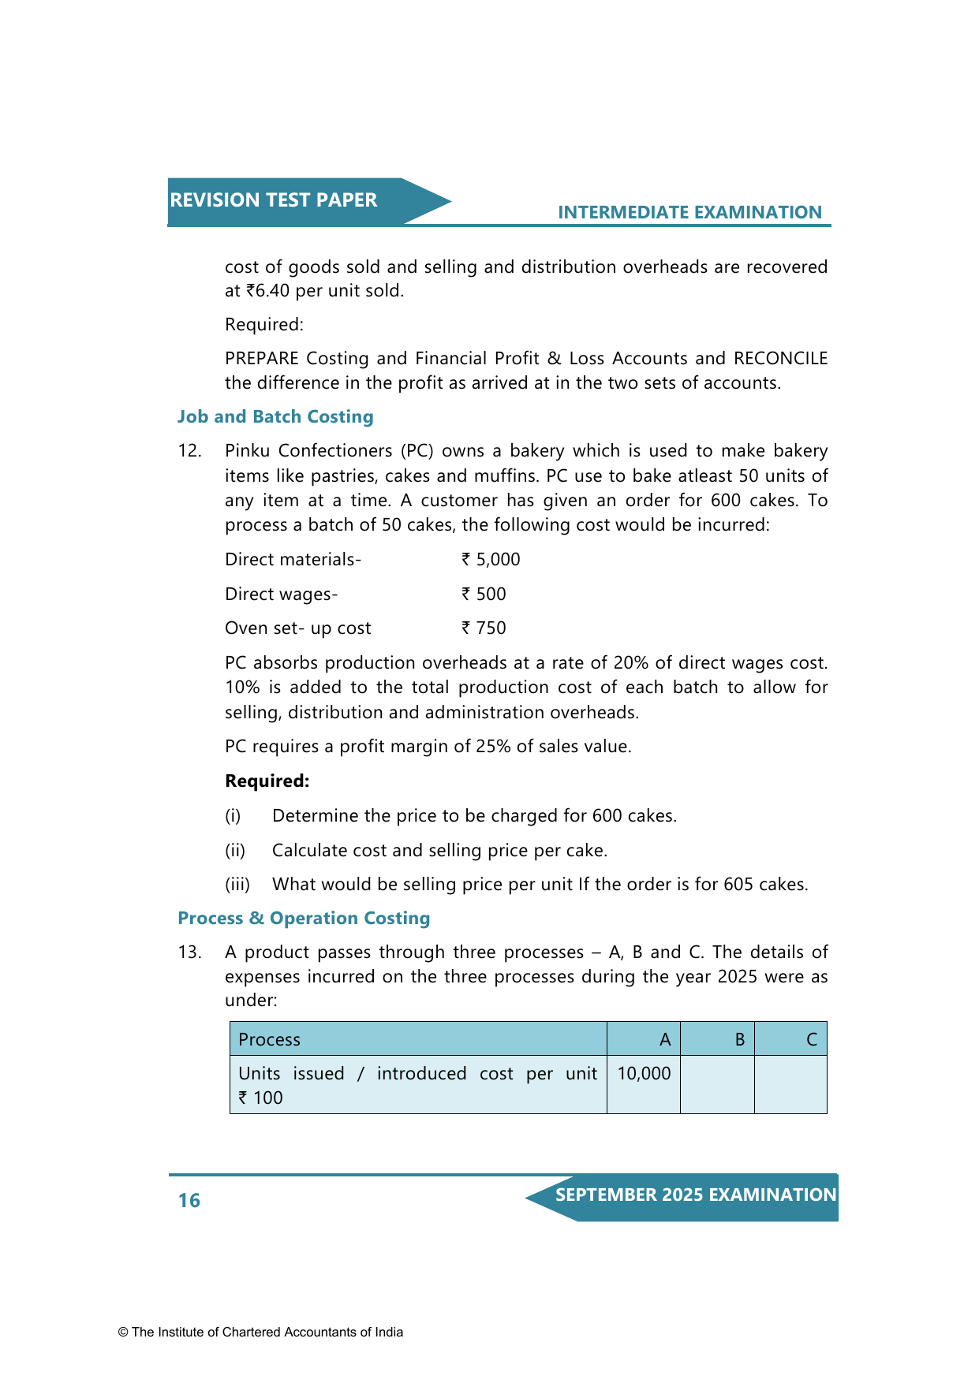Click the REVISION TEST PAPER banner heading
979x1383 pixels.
pos(274,200)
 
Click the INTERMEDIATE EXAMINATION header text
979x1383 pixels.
pos(689,212)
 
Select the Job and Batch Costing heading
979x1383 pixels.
pos(275,416)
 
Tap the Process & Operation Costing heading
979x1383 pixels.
pos(304,918)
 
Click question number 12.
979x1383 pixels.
pos(189,451)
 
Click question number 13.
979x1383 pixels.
pos(189,952)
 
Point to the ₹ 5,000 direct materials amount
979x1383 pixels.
pos(491,560)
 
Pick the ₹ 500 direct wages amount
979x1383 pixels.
pos(484,595)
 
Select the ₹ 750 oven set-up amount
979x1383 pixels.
pos(484,628)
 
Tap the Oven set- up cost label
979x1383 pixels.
pos(297,628)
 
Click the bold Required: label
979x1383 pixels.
pos(267,781)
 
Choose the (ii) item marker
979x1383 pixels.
pos(235,851)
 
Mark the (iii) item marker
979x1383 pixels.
pos(237,885)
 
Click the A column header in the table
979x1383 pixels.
pos(665,1040)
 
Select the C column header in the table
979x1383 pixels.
pos(811,1040)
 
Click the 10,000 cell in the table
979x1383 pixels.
pos(644,1074)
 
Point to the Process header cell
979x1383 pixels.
pos(269,1040)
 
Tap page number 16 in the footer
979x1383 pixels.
pos(189,1200)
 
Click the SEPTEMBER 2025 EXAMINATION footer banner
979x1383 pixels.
pos(695,1195)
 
